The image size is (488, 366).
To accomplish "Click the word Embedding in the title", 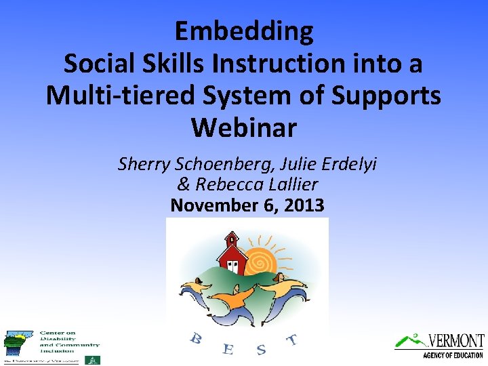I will pos(244,32).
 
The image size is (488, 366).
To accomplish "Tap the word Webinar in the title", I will pos(243,127).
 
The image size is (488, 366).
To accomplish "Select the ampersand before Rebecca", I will pos(183,184).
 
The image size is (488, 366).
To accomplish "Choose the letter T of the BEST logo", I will pos(292,339).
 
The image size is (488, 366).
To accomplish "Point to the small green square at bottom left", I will pos(92,359).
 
